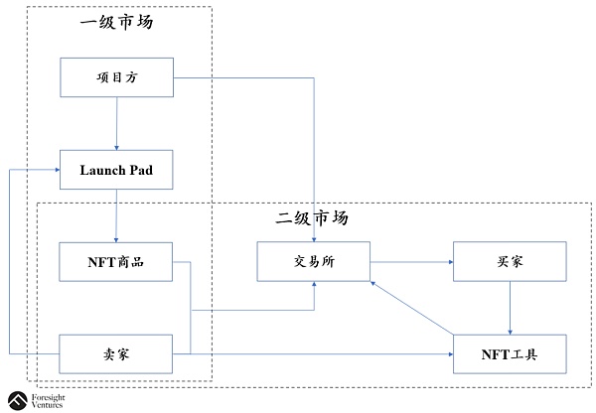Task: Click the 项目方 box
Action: (116, 77)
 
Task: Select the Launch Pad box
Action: (116, 170)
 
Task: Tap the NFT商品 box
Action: (116, 261)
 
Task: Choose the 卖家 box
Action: (116, 353)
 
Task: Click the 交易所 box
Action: (314, 261)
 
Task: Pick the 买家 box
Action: (510, 261)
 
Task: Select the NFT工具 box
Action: (510, 353)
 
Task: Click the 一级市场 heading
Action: (116, 22)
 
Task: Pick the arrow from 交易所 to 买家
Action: (411, 262)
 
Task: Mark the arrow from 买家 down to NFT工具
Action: (510, 308)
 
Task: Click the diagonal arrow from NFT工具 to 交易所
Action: (411, 310)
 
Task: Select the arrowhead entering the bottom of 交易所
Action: (314, 286)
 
